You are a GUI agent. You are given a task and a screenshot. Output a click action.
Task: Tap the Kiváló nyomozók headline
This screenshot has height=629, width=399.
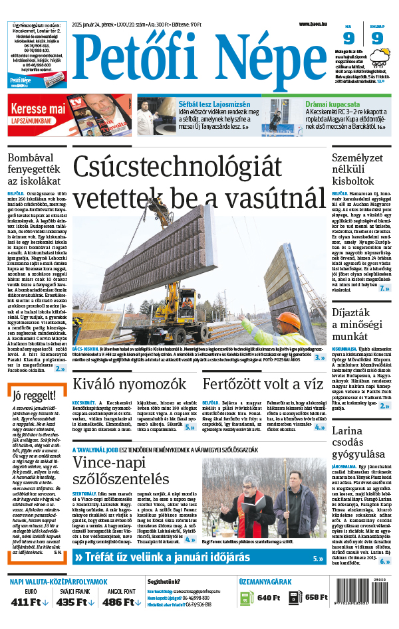coord(120,384)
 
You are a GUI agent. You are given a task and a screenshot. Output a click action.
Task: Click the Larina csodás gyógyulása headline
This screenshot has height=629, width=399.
coord(359,442)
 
